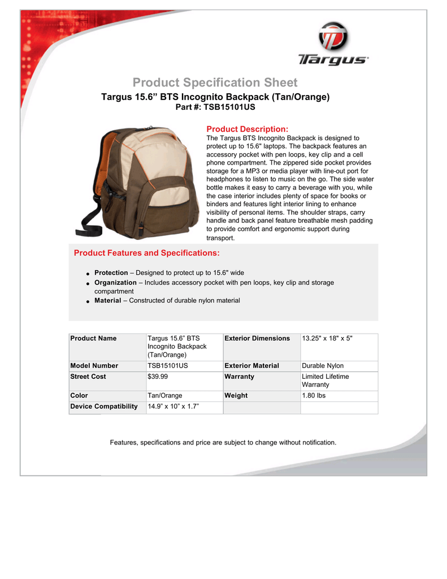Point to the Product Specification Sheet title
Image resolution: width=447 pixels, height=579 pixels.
tap(215, 83)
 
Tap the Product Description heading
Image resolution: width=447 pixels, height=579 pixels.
tap(248, 129)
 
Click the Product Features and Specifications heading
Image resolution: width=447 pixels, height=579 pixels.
tap(147, 252)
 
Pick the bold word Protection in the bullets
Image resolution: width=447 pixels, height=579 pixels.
tap(111, 273)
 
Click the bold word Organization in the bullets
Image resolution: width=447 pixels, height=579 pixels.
tap(115, 282)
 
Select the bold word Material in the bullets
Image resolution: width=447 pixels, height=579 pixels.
tap(107, 300)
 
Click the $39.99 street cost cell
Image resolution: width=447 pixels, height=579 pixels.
tap(157, 377)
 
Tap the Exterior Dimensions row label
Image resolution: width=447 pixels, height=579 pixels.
tap(257, 338)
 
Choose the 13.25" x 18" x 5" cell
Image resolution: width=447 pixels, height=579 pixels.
tap(327, 338)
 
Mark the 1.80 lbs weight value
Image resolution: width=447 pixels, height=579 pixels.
tap(314, 395)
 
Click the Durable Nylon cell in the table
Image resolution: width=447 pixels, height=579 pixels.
tap(323, 366)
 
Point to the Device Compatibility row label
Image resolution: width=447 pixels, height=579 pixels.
tap(103, 407)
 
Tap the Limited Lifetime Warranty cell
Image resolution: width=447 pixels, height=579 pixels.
tap(326, 381)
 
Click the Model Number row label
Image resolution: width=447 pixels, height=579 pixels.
tap(94, 366)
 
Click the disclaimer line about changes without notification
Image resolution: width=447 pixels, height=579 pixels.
tap(223, 442)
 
